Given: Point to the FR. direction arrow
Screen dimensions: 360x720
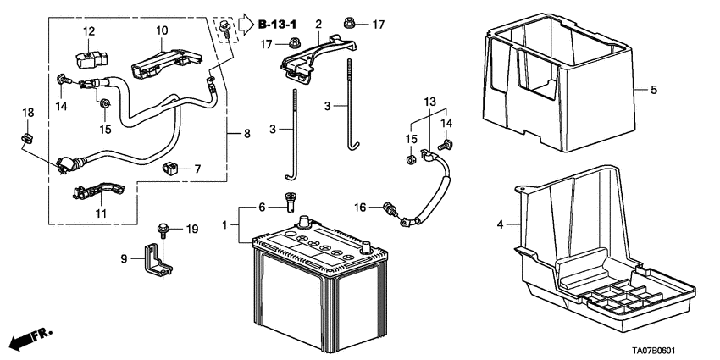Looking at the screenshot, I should tap(30, 339).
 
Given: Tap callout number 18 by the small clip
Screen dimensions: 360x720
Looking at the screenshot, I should tap(27, 113).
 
